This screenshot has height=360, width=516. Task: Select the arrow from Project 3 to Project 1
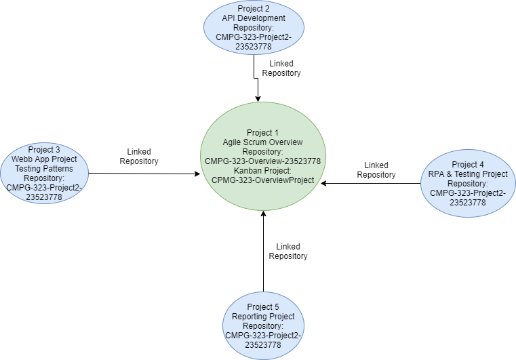pyautogui.click(x=142, y=174)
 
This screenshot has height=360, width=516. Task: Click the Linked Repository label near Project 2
pyautogui.click(x=281, y=68)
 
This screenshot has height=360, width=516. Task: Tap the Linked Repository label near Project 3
pyautogui.click(x=139, y=156)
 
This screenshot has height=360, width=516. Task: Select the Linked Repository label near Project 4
pyautogui.click(x=376, y=169)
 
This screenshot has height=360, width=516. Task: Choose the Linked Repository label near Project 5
pyautogui.click(x=288, y=251)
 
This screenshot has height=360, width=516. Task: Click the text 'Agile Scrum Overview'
pyautogui.click(x=262, y=142)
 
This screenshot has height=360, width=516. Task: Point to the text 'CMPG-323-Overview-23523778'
pyautogui.click(x=262, y=161)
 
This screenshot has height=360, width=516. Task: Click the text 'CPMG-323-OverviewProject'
pyautogui.click(x=262, y=180)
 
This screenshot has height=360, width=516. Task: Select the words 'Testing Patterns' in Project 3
pyautogui.click(x=43, y=168)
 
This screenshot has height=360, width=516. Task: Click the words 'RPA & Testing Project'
pyautogui.click(x=468, y=174)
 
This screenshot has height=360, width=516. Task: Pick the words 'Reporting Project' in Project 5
pyautogui.click(x=263, y=317)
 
